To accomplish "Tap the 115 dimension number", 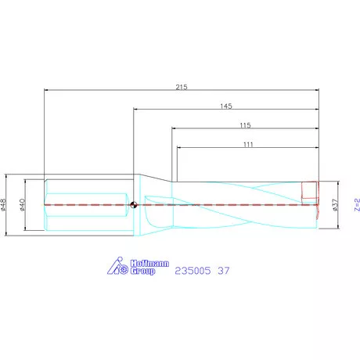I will pyautogui.click(x=245, y=124).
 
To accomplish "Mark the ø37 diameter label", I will pyautogui.click(x=335, y=205).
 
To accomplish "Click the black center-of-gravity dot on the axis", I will pyautogui.click(x=134, y=205).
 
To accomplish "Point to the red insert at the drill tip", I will pyautogui.click(x=310, y=190).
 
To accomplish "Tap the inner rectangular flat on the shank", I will pyautogui.click(x=86, y=205).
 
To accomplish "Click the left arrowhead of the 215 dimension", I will pyautogui.click(x=47, y=90).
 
